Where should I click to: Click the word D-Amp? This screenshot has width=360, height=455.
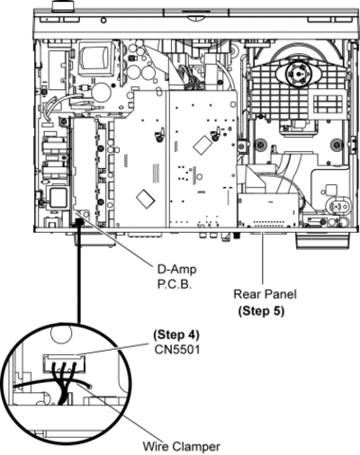pos(177,269)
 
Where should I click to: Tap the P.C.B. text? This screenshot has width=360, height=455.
pos(175,284)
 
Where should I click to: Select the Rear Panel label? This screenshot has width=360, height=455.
pos(265,294)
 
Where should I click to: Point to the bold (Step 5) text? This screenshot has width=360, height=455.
pos(261,311)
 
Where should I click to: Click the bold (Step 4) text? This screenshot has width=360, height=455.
pos(176,335)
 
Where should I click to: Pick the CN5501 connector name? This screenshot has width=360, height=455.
pos(177,350)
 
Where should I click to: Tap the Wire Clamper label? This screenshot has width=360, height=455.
pos(181,447)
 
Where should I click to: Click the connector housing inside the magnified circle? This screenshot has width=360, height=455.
pos(64,363)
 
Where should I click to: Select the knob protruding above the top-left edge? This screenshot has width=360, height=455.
pos(64,5)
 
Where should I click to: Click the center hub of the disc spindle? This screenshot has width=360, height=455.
pos(298,74)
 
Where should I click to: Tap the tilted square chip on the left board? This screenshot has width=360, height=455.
pos(146,198)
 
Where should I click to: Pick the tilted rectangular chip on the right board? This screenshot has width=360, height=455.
pos(203,144)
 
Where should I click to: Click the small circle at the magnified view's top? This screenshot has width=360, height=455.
pos(61,335)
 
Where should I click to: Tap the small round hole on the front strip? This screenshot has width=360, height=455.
pos(103,21)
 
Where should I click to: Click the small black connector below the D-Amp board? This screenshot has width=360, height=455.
pos(79,222)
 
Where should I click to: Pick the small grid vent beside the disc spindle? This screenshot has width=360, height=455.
pos(328,103)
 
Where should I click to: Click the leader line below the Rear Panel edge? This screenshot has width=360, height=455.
pos(262,258)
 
